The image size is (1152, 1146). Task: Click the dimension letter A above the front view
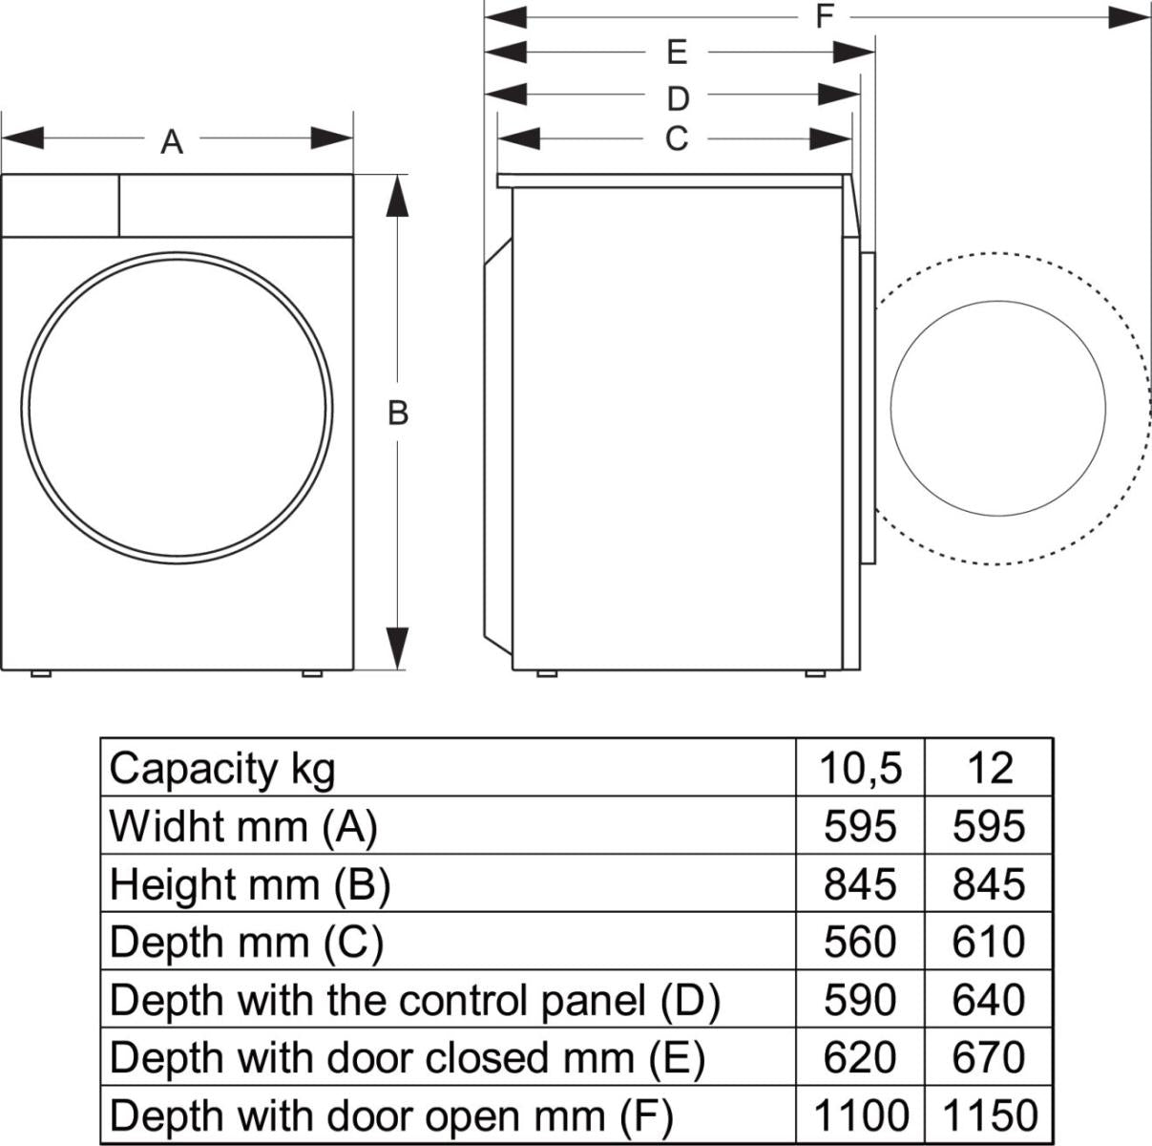tap(172, 142)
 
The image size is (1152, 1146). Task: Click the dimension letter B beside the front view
tap(398, 414)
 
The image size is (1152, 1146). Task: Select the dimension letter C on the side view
tap(676, 139)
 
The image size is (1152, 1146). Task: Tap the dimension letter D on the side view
tap(677, 98)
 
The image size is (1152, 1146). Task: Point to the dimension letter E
tap(677, 53)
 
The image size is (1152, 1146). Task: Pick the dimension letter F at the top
tap(825, 16)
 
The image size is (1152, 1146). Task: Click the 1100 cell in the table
tap(860, 1114)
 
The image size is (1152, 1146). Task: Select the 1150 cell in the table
tap(989, 1114)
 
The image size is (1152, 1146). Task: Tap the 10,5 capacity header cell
tap(860, 768)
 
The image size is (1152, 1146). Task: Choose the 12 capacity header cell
tap(989, 768)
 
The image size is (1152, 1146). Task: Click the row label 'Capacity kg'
tap(222, 768)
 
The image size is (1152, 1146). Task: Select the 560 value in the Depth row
tap(860, 942)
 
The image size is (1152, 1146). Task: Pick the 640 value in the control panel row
tap(989, 1000)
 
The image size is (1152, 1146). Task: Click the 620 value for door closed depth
tap(860, 1057)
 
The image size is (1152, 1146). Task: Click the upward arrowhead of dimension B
tap(398, 196)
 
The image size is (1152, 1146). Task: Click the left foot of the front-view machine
tap(40, 673)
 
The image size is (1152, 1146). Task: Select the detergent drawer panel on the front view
tap(60, 204)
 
